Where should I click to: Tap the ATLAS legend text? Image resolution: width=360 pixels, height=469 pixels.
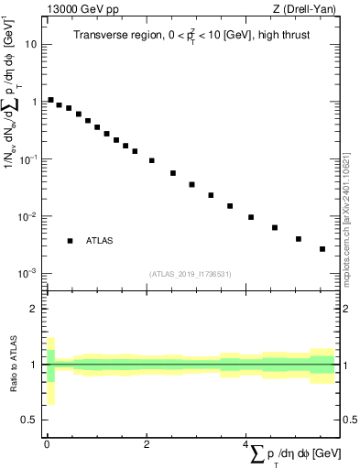click(x=100, y=241)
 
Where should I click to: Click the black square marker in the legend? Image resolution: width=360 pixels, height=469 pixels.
click(x=70, y=241)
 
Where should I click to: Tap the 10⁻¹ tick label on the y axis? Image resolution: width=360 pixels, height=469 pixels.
click(x=28, y=159)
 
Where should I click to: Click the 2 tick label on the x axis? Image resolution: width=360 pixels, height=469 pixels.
click(x=147, y=443)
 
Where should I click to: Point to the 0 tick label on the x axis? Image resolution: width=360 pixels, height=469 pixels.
click(x=47, y=443)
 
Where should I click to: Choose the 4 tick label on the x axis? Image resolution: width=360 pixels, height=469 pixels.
click(x=245, y=443)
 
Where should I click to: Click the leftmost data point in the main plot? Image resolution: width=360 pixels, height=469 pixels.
click(x=50, y=100)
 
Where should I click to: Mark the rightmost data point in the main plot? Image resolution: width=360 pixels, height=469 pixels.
click(x=322, y=248)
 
